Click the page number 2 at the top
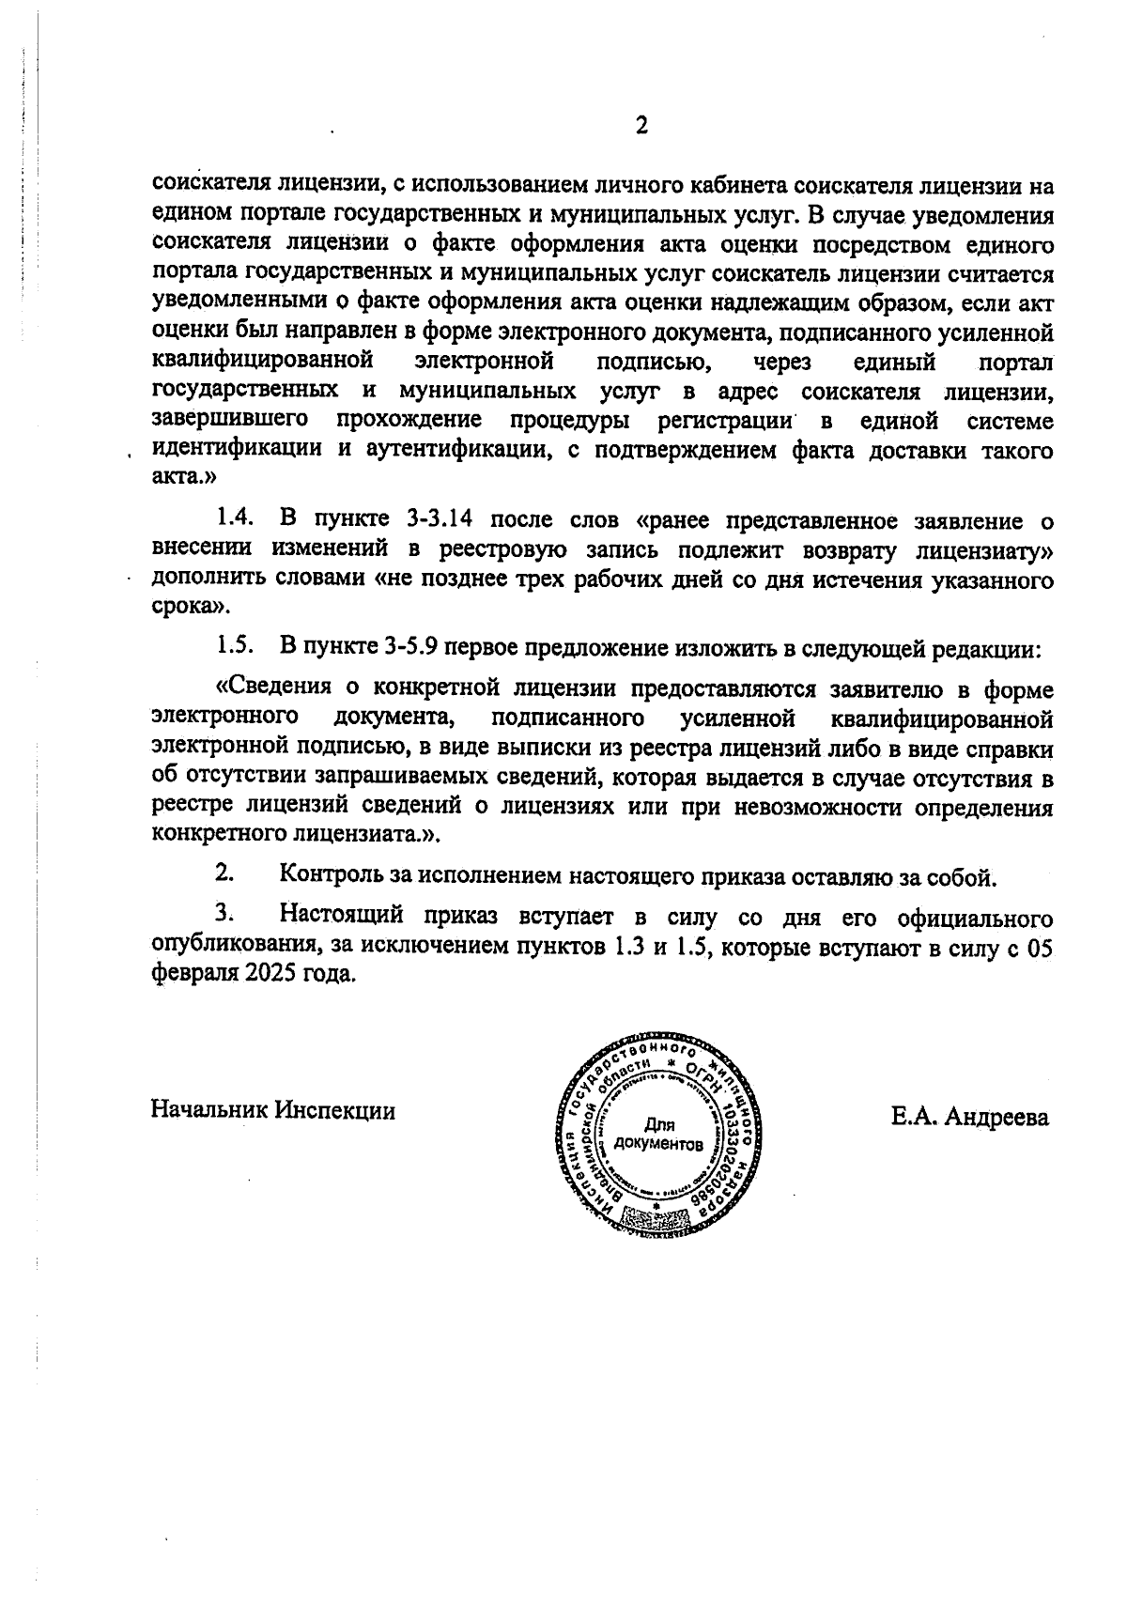pos(641,126)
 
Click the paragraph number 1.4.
pos(235,518)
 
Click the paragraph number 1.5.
pos(235,647)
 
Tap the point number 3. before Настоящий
pos(224,914)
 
